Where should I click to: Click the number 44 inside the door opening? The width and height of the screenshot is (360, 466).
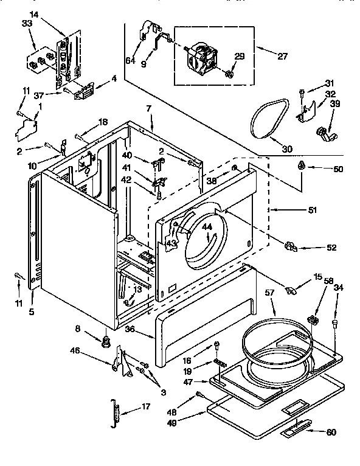click(207, 226)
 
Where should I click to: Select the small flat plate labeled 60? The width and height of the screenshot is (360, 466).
click(294, 431)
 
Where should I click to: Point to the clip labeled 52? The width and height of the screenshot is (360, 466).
click(290, 246)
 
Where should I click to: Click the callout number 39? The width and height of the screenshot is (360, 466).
click(335, 104)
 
